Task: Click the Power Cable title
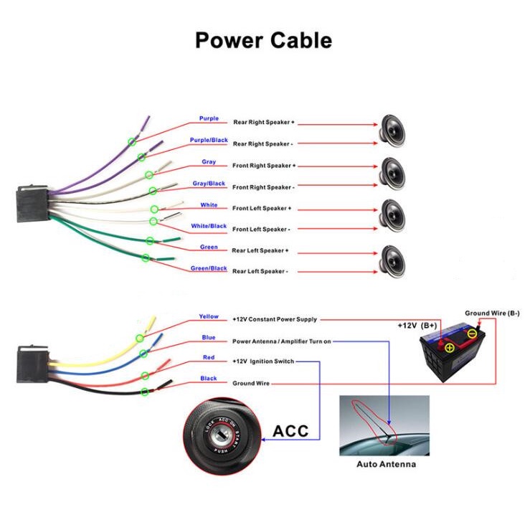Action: click(263, 40)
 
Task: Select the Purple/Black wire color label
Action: click(209, 140)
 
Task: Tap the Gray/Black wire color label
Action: click(209, 184)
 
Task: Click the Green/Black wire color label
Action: click(209, 268)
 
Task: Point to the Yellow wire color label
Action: click(209, 316)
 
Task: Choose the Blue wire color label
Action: click(209, 337)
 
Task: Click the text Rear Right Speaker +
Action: click(263, 123)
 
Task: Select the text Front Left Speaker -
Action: click(261, 230)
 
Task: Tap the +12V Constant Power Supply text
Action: click(274, 319)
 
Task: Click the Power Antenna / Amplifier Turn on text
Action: click(281, 341)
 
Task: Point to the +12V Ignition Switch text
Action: click(263, 361)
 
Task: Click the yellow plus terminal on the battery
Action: click(450, 348)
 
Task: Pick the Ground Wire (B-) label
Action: click(492, 313)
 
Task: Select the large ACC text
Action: click(290, 431)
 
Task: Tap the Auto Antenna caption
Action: click(386, 464)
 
